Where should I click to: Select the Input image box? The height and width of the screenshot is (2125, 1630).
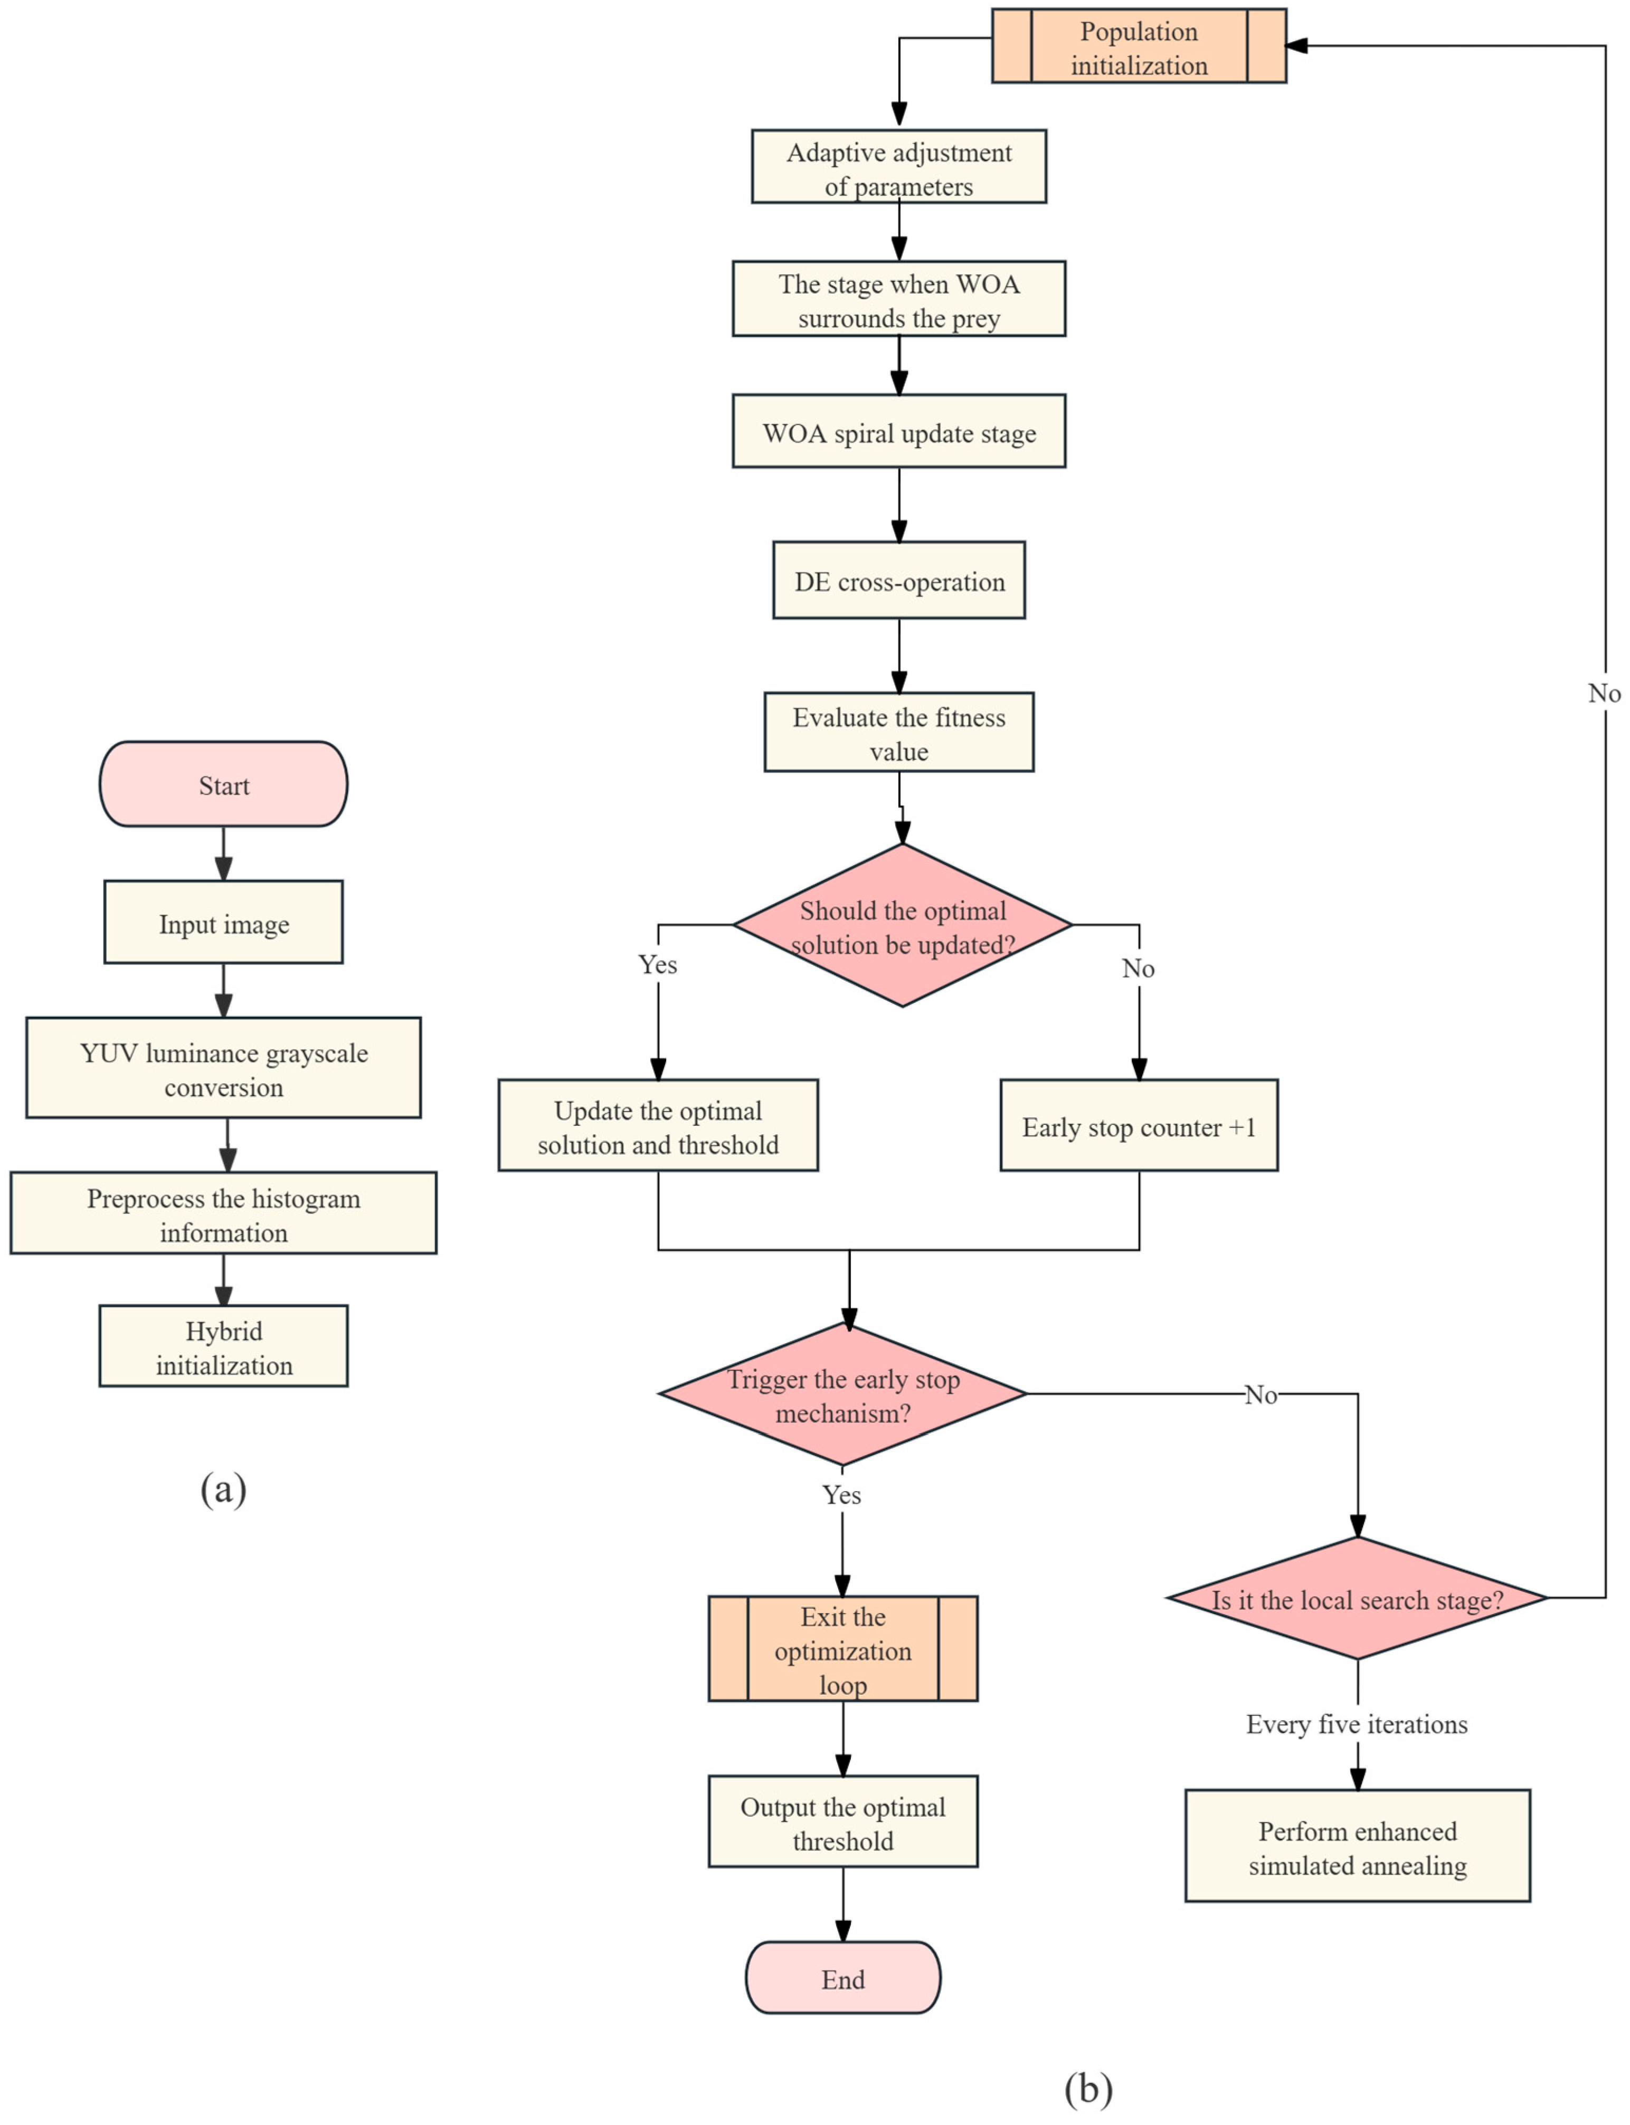tap(223, 923)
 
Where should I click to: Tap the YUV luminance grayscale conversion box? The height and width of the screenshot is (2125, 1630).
tap(223, 1068)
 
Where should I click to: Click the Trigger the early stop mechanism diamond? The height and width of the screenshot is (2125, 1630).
tap(842, 1396)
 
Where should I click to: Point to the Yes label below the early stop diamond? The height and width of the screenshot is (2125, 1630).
tap(841, 1495)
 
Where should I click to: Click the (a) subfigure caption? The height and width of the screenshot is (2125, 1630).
tap(223, 1488)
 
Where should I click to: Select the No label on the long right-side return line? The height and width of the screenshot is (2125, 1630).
tap(1604, 693)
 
